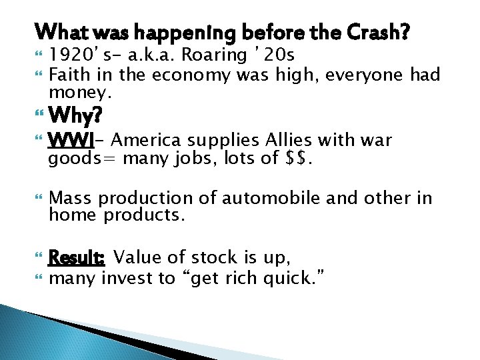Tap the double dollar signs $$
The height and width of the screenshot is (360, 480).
click(x=301, y=158)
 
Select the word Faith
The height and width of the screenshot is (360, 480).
click(x=72, y=75)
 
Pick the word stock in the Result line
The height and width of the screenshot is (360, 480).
click(x=214, y=257)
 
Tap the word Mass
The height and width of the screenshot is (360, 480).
click(x=70, y=198)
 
